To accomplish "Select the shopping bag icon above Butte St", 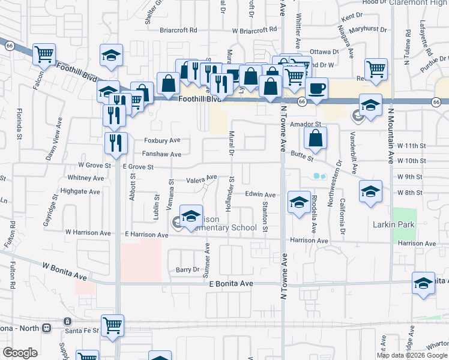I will (315, 139).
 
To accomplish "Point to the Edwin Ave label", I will (260, 194).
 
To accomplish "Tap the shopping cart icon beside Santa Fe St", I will (112, 326).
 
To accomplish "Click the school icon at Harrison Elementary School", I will (191, 217).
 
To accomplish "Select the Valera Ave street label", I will (201, 179).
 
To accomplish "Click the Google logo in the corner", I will (20, 353).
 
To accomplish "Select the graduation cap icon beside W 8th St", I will (370, 192).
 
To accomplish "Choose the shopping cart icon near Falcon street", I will (44, 55).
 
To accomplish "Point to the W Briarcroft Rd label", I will (257, 28).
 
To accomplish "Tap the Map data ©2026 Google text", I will (411, 355).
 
